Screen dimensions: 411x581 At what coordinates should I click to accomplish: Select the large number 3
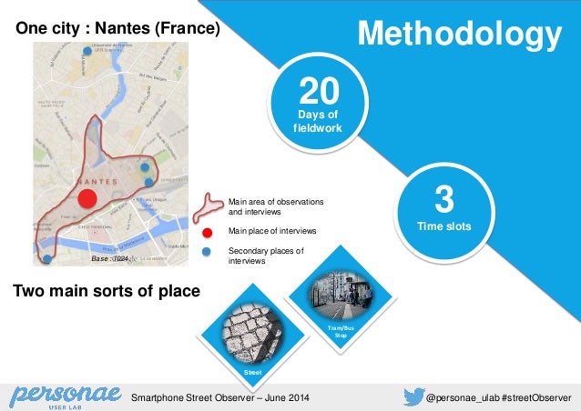point(444,200)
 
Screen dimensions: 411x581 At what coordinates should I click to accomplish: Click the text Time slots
point(444,226)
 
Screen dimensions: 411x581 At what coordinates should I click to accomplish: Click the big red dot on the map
point(87,199)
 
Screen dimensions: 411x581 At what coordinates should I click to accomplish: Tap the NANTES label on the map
point(98,182)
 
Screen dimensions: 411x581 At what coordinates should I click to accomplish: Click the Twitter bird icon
point(412,396)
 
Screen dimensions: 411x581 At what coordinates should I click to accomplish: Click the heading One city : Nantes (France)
point(117,30)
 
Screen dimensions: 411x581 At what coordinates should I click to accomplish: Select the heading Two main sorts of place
point(105,292)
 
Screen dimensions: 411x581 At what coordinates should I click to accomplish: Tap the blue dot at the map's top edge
point(87,51)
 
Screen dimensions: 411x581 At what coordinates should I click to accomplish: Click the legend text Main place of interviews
point(272,231)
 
